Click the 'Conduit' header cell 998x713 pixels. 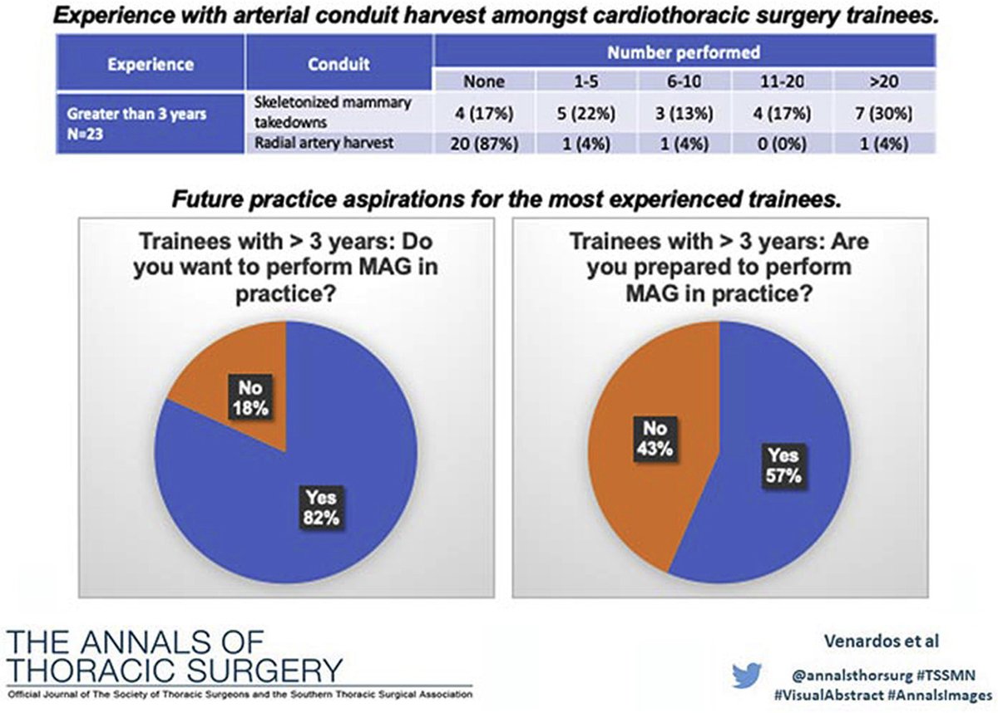(x=340, y=64)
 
